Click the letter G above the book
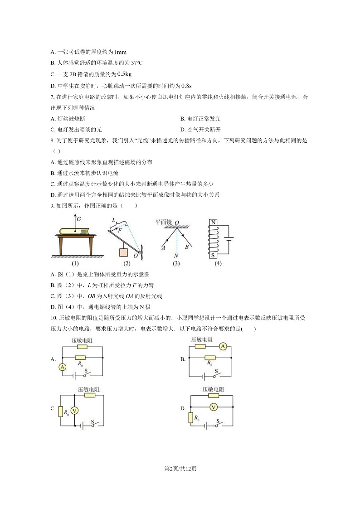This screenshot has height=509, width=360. (79, 218)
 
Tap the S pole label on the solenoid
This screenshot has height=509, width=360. (212, 254)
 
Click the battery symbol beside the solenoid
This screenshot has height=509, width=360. (230, 238)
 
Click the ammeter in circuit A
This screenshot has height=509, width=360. (63, 367)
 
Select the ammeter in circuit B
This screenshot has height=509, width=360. (222, 347)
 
